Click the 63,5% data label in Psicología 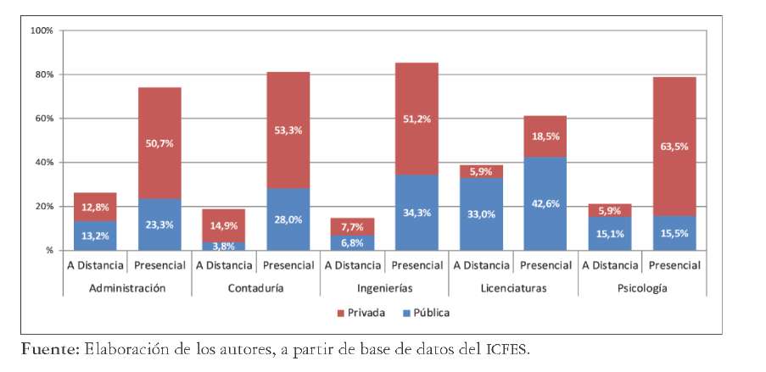(x=674, y=146)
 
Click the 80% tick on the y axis (x=42, y=75)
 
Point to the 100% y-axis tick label (x=41, y=31)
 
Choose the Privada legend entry (x=362, y=313)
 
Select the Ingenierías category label (x=384, y=288)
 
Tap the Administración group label (x=127, y=288)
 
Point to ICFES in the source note (x=508, y=349)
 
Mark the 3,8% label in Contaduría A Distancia (x=224, y=246)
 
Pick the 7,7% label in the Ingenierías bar (x=352, y=227)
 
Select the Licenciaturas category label (x=512, y=288)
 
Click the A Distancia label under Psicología (x=610, y=265)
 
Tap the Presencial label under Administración (x=159, y=265)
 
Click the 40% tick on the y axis (x=42, y=163)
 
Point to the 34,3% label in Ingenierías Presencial (x=417, y=213)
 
